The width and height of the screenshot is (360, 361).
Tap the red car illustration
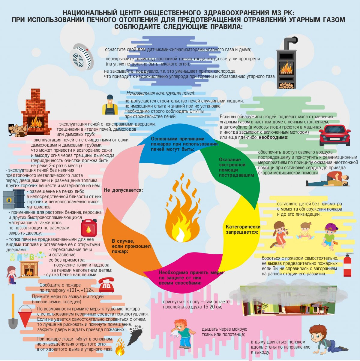[x=334, y=135]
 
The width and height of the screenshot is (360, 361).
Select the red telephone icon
[x=106, y=285]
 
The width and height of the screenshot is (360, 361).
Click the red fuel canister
[x=89, y=227]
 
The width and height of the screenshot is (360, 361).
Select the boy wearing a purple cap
[x=330, y=237]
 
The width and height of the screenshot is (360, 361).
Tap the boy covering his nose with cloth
[x=182, y=333]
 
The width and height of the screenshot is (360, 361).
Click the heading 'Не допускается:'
[x=123, y=190]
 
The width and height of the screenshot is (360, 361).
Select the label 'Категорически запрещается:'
[x=243, y=229]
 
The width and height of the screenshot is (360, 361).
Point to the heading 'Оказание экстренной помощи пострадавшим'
[x=236, y=167]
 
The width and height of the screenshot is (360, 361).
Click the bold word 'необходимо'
[x=273, y=137]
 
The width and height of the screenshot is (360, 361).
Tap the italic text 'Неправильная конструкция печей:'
[x=160, y=93]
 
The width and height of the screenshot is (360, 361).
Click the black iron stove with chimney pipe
[x=286, y=63]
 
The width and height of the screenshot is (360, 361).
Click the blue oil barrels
[x=14, y=199]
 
